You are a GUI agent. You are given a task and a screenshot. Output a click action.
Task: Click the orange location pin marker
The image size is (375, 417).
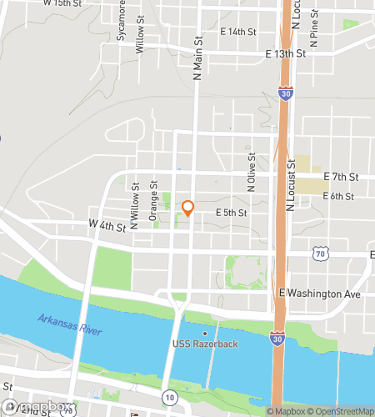188,207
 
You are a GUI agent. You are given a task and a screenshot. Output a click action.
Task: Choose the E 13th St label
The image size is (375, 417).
286,53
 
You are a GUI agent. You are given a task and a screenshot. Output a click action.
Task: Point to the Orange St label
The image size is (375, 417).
153,203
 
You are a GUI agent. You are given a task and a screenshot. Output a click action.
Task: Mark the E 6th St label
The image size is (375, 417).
338,197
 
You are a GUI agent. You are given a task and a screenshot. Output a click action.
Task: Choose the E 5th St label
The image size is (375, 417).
231,214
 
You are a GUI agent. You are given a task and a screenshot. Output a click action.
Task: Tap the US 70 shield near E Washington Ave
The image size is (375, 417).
320,252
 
